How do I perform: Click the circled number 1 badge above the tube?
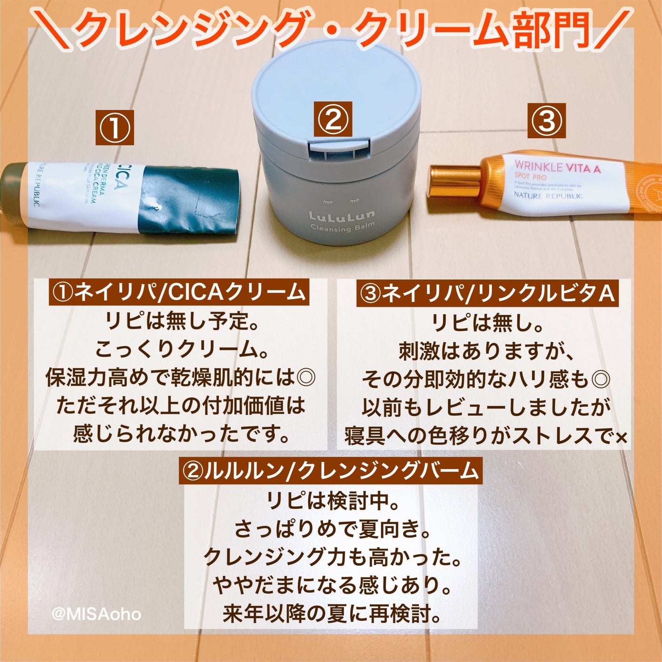(x=114, y=127)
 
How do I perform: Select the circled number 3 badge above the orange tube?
(x=546, y=121)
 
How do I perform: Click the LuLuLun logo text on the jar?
(x=342, y=216)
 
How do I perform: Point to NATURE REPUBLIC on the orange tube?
(x=548, y=196)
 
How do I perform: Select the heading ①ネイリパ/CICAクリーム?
(x=179, y=292)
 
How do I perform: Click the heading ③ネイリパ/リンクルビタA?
(x=487, y=294)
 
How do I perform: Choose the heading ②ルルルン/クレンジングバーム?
(x=330, y=471)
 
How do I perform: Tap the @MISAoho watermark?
(x=96, y=614)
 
